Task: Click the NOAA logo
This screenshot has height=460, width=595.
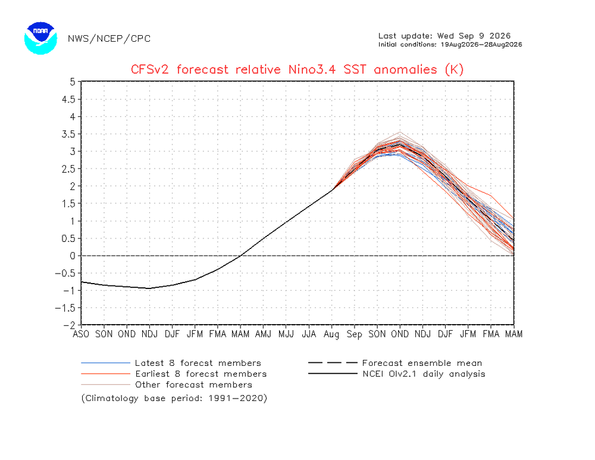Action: [x=40, y=38]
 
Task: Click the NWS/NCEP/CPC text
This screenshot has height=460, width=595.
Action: [x=109, y=39]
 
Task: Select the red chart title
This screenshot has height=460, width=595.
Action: [x=297, y=70]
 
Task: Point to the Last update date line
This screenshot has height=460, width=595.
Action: [x=444, y=36]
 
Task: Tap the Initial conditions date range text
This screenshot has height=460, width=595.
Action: [x=450, y=45]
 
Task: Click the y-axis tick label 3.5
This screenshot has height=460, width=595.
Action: [x=68, y=134]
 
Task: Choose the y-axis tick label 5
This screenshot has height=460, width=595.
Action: [x=73, y=82]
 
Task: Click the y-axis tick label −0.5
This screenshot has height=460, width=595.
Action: [x=65, y=273]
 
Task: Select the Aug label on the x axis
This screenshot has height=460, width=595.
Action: [x=331, y=334]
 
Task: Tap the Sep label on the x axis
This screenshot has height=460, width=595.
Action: [x=355, y=334]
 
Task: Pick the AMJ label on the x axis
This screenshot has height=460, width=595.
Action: [x=264, y=334]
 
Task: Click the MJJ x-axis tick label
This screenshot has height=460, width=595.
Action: [x=286, y=334]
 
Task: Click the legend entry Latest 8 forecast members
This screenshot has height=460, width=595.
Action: [x=171, y=363]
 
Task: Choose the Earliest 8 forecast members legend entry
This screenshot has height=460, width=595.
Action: [x=174, y=374]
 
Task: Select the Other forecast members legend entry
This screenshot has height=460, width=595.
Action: [x=167, y=385]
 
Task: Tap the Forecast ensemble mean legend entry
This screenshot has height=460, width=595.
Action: [x=396, y=363]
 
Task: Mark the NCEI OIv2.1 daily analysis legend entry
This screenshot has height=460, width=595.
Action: [x=397, y=374]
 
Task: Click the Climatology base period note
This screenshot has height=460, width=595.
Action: [x=174, y=399]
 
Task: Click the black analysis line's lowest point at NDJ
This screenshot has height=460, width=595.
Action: [x=149, y=288]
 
